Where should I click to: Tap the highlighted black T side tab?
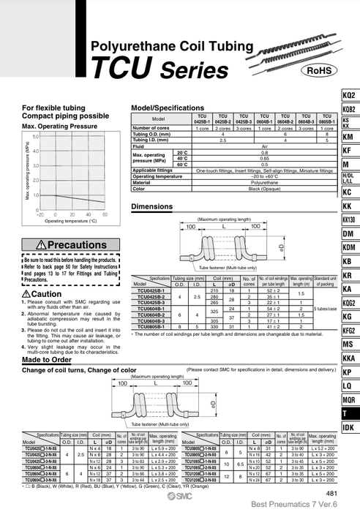click(x=348, y=413)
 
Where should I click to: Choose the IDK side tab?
click(x=348, y=426)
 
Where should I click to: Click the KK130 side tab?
click(x=348, y=219)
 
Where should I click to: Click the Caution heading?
click(x=46, y=293)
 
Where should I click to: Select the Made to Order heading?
click(x=47, y=360)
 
